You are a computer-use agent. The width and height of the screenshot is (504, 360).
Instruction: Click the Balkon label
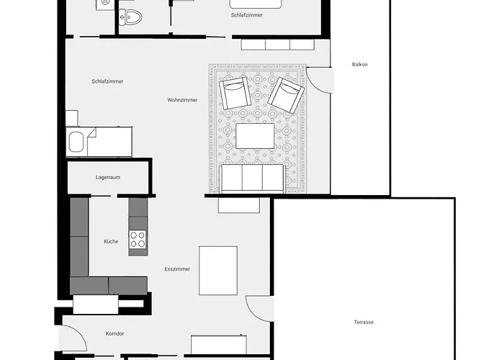click(x=360, y=65)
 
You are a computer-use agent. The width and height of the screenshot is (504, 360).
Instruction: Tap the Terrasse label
click(x=364, y=322)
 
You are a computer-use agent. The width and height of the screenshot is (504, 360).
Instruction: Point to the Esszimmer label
click(x=177, y=269)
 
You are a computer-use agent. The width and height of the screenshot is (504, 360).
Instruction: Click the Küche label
click(x=110, y=241)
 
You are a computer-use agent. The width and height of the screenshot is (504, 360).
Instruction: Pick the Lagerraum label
click(x=108, y=176)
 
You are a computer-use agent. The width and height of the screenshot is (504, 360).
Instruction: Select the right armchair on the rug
click(x=285, y=95)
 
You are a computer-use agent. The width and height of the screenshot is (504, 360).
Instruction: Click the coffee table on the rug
click(x=255, y=136)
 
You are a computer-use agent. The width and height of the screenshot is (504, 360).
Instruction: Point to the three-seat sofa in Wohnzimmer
click(x=252, y=178)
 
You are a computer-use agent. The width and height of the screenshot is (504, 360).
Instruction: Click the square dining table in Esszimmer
click(x=218, y=270)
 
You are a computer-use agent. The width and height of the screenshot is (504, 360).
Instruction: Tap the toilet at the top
click(x=130, y=16)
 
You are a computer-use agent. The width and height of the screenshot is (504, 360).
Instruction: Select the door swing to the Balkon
click(x=320, y=79)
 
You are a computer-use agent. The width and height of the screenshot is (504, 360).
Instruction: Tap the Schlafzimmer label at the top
click(x=246, y=14)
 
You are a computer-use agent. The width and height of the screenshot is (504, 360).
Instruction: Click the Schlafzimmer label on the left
click(x=107, y=81)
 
